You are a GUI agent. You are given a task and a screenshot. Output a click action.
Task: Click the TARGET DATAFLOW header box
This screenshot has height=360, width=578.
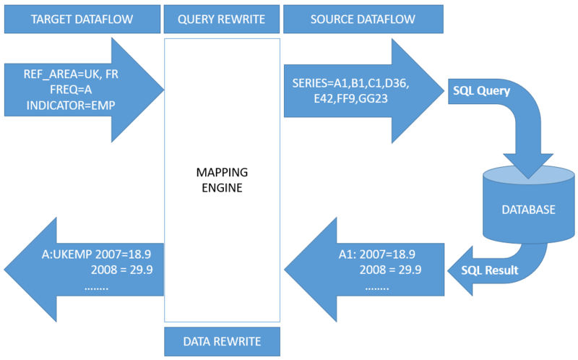[x=81, y=20]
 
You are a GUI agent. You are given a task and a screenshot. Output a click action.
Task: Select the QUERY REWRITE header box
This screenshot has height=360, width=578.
[x=222, y=20]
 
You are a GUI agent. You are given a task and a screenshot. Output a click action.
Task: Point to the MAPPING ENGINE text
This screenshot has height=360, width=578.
[x=222, y=181]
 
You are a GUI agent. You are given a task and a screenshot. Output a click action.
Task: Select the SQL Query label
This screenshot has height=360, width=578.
[x=480, y=92]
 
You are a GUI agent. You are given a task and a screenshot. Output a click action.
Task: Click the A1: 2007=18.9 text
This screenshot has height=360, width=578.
[x=377, y=254]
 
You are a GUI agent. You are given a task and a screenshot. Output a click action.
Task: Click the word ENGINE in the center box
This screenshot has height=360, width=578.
[x=222, y=189]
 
